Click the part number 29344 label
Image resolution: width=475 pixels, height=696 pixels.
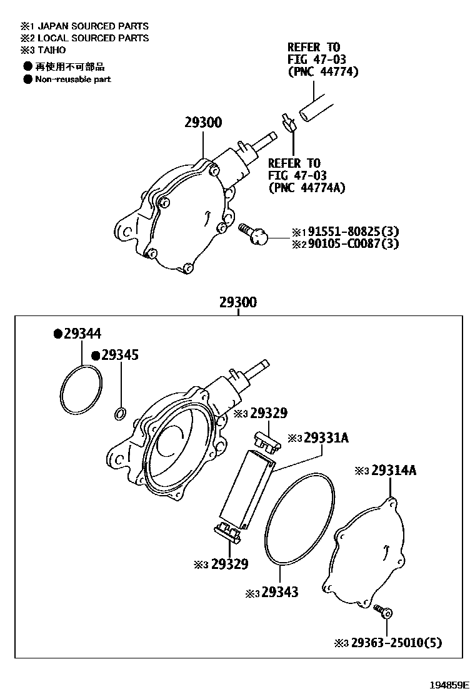[x=81, y=334]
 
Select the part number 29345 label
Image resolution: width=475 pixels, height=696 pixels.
[x=119, y=356]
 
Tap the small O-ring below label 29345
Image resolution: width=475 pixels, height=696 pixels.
[x=121, y=412]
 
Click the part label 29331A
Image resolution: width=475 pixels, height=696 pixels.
[x=326, y=438]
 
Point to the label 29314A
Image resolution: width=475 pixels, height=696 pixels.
[x=393, y=471]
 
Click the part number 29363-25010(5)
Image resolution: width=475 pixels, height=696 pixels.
[x=396, y=643]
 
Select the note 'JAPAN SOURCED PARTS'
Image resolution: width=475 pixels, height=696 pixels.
[x=92, y=26]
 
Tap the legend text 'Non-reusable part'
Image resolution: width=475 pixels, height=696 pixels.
[x=72, y=79]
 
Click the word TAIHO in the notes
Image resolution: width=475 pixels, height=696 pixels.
[x=51, y=50]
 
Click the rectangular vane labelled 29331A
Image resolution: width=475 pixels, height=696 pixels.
[x=247, y=489]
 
